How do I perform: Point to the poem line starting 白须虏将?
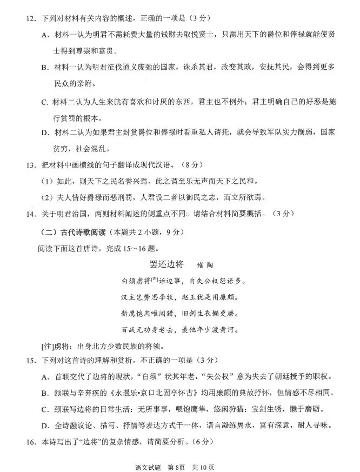click(184, 281)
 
